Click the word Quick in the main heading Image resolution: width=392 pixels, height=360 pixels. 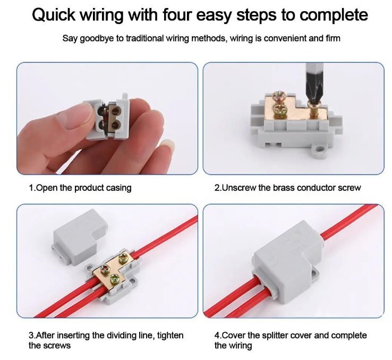54,15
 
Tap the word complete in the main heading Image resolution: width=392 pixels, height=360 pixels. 334,15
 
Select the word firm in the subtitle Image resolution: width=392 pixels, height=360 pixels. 333,38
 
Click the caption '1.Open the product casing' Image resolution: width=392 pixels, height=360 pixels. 80,188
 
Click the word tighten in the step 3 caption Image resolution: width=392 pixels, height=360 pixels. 171,335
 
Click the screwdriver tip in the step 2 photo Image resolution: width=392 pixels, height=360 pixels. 312,98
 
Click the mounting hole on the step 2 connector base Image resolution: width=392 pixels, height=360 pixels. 319,150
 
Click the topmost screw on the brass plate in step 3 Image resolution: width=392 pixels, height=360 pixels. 123,258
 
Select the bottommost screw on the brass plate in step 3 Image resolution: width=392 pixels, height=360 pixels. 115,279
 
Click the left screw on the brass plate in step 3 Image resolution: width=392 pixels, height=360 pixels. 104,270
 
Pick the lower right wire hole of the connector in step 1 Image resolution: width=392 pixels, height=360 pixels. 115,124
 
